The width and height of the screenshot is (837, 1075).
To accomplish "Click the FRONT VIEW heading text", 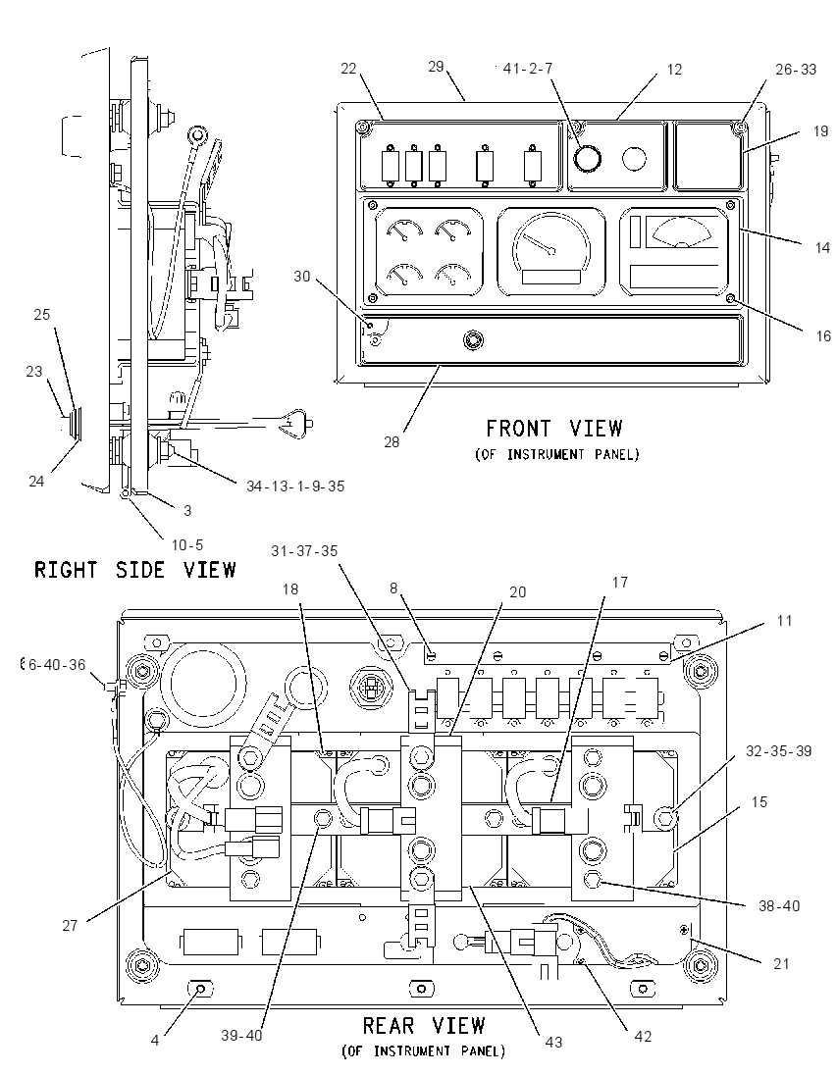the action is coord(554,429).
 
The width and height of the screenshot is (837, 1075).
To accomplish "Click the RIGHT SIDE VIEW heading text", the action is coord(135,570).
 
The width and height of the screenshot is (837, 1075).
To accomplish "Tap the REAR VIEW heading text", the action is coord(424,1026).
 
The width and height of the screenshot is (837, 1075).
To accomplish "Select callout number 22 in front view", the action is coord(349,69).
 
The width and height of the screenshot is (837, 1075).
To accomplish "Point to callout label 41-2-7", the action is coord(528,69).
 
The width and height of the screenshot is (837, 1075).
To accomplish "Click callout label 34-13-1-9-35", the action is coord(295,486).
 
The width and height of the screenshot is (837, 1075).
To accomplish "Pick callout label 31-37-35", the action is coord(304,551).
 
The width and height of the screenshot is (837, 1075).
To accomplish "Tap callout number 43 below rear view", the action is coord(553,1042).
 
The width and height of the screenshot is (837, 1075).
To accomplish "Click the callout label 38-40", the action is coord(779,905).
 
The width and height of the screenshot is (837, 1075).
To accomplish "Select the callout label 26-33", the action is coord(796,70).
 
